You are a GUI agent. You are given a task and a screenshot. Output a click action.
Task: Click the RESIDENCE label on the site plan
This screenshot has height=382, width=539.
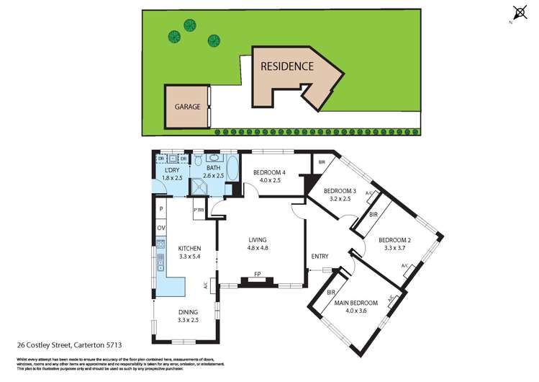(286, 66)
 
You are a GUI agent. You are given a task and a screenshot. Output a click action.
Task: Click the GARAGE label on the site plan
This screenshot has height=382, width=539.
(186, 107)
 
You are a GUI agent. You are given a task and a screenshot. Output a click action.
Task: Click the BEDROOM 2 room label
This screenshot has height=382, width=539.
(394, 240)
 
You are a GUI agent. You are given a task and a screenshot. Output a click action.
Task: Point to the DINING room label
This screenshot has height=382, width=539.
(190, 312)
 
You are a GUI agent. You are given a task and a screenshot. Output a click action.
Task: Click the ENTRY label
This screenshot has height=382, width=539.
(320, 257)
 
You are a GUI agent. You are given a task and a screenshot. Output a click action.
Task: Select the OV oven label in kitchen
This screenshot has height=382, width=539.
(161, 228)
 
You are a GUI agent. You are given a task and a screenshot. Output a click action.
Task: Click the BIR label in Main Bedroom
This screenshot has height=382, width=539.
(332, 293)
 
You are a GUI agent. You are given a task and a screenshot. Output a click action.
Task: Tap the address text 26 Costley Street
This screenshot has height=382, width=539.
(64, 345)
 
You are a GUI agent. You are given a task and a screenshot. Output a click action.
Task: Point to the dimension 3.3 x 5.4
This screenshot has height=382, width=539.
(190, 257)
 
